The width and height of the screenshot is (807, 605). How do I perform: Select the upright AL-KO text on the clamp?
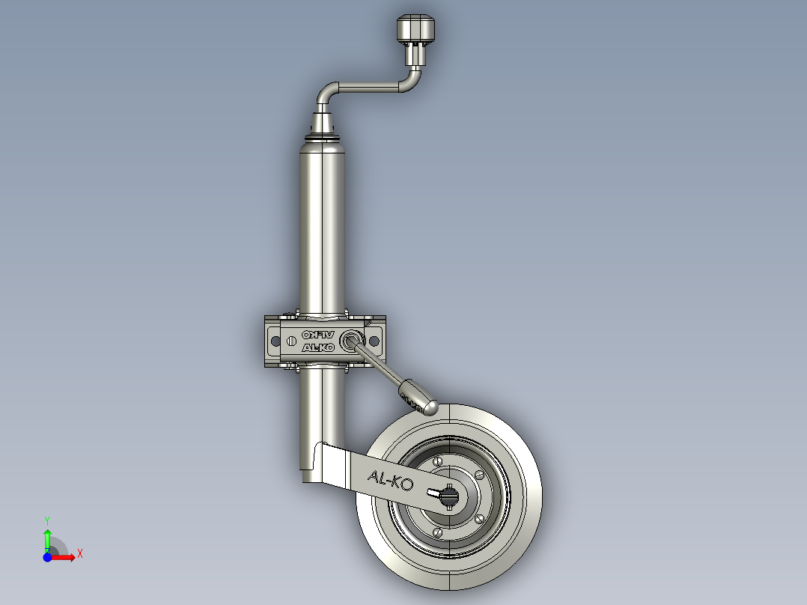point(318,348)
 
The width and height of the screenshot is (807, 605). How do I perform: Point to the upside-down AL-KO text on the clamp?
point(318,335)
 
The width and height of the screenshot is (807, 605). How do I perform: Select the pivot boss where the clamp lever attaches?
point(350,341)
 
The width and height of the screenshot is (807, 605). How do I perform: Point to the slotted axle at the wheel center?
point(450,496)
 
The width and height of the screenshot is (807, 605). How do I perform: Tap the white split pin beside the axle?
point(433,493)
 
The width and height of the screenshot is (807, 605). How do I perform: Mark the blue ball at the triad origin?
point(47,557)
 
